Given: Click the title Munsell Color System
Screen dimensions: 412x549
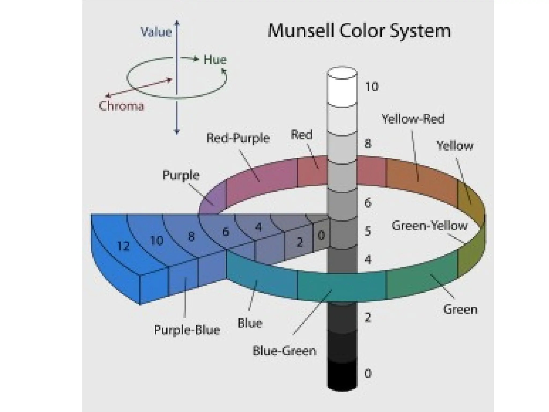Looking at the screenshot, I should pyautogui.click(x=359, y=31).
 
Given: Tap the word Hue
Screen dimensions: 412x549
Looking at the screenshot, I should pyautogui.click(x=215, y=60).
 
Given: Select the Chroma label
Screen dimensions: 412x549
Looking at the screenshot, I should pyautogui.click(x=121, y=106).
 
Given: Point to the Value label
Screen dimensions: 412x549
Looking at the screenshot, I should pyautogui.click(x=156, y=32).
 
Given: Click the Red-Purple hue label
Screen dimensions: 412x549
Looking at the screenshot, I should pyautogui.click(x=238, y=138).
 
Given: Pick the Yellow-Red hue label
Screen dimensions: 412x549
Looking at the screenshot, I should pyautogui.click(x=413, y=119).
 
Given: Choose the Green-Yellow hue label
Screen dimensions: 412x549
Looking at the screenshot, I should pyautogui.click(x=429, y=226).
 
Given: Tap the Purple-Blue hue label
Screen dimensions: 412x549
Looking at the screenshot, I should pyautogui.click(x=187, y=330).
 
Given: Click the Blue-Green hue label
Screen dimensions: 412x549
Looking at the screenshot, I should pyautogui.click(x=284, y=351).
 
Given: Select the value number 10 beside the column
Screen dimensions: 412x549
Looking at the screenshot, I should pyautogui.click(x=372, y=87).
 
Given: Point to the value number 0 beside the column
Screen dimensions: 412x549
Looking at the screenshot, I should pyautogui.click(x=368, y=373).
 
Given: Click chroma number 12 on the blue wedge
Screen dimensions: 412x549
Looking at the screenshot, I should pyautogui.click(x=124, y=246).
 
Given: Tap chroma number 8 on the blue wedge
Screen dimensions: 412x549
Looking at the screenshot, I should pyautogui.click(x=191, y=237).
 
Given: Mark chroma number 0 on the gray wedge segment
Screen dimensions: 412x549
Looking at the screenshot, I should pyautogui.click(x=321, y=235).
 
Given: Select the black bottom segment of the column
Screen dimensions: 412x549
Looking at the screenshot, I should pyautogui.click(x=342, y=376).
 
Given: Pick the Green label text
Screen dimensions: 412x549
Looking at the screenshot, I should pyautogui.click(x=460, y=310).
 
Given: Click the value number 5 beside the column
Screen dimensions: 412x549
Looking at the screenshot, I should pyautogui.click(x=368, y=231).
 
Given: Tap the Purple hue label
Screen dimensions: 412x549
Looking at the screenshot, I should pyautogui.click(x=181, y=175).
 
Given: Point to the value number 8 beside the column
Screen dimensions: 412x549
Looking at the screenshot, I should pyautogui.click(x=368, y=144).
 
